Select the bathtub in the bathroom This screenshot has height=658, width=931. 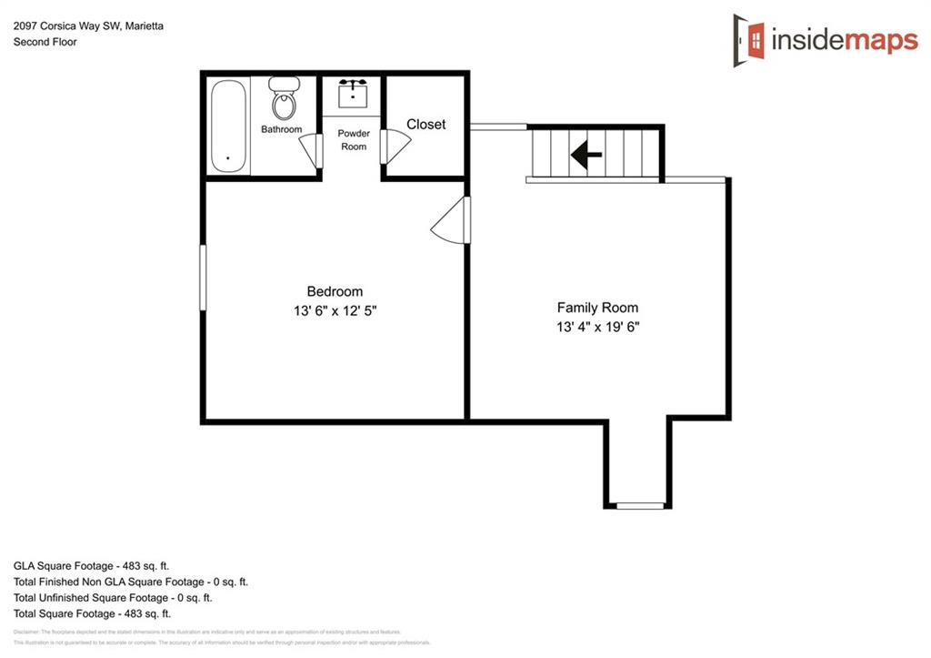pos(228,127)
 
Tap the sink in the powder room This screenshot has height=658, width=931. pos(353,93)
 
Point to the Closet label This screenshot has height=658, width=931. pos(425,124)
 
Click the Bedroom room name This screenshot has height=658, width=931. pos(335,291)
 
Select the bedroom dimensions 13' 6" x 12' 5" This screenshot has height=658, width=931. pos(335,310)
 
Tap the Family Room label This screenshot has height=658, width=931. pos(597,308)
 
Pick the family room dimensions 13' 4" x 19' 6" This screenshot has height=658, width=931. pos(597,327)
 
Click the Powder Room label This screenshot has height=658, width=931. pos(354,139)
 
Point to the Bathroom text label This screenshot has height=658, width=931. pos(281,129)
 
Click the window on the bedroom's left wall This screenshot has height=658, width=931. pos(203,277)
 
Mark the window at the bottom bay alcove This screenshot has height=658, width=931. pos(640,505)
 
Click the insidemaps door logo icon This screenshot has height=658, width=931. pos(749,39)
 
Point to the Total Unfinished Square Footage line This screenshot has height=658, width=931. pos(113,598)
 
